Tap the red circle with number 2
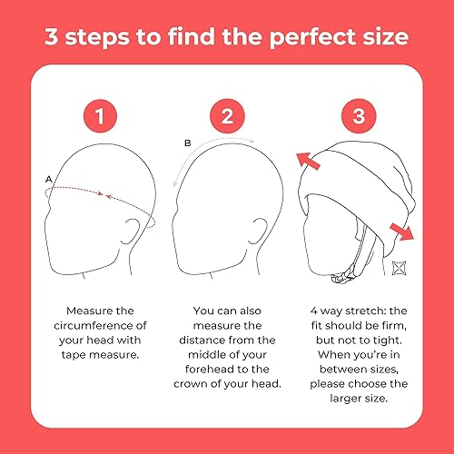[226, 116]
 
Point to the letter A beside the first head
[48, 180]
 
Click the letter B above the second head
[187, 143]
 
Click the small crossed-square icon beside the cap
[397, 269]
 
